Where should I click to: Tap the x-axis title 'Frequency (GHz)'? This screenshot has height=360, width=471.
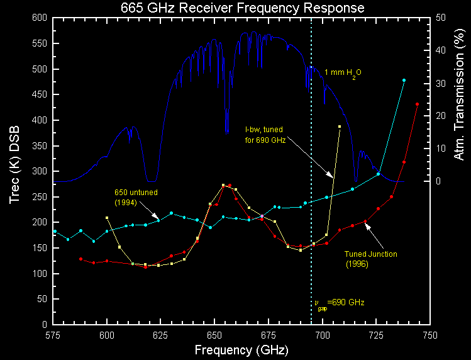click(242, 349)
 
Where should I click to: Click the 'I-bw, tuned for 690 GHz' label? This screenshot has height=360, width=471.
click(265, 135)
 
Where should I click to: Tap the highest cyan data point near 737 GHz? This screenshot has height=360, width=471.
click(404, 81)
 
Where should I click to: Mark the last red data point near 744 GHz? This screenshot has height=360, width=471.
click(417, 104)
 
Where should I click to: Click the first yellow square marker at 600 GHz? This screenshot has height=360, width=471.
click(107, 218)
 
